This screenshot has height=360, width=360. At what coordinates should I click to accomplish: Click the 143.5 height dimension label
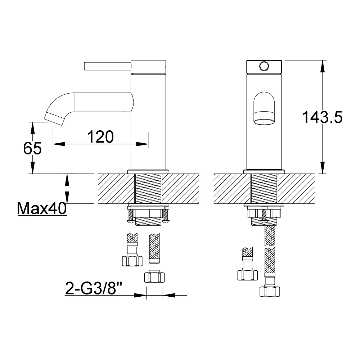(322, 117)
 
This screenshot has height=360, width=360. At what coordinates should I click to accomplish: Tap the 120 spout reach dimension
(100, 137)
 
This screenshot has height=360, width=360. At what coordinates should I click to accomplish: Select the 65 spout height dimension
(32, 148)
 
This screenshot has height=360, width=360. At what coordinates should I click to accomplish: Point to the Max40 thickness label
(42, 208)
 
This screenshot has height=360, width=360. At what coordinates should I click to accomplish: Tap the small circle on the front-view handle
(264, 66)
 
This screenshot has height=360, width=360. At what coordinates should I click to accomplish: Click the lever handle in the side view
(107, 66)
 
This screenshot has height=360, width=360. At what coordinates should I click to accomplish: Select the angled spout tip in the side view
(54, 119)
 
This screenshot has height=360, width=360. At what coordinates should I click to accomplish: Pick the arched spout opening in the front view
(264, 109)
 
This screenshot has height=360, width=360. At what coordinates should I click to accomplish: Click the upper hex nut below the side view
(132, 261)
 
